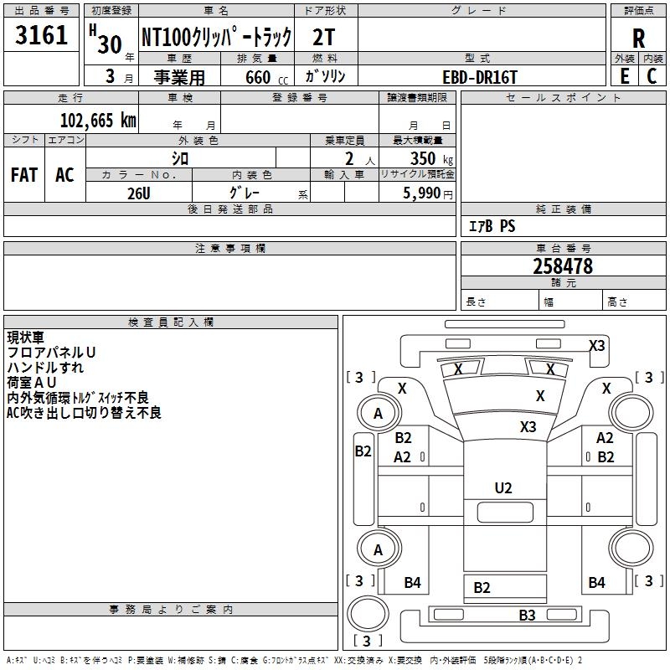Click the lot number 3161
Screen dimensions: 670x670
coord(42,36)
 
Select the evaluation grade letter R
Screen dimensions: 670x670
coord(638,39)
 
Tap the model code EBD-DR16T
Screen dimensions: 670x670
coord(480,77)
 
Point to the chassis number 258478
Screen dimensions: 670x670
coord(563,266)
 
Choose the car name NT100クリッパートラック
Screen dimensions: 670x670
coord(215,38)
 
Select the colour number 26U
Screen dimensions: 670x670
coord(139,192)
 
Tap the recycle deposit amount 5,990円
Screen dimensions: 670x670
coord(427,193)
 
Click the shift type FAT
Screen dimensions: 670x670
coord(24,174)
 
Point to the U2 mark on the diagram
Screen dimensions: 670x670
coord(502,488)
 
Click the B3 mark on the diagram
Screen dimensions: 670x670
coord(526,616)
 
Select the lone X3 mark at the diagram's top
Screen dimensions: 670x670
coord(596,345)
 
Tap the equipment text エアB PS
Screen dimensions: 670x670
coord(492,226)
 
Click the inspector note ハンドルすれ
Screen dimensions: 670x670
coord(45,368)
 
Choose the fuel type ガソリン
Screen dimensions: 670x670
coord(326,76)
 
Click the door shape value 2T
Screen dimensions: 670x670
coord(325,38)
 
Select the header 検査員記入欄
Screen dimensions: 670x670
coord(171,322)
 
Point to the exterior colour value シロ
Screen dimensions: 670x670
coord(180,158)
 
